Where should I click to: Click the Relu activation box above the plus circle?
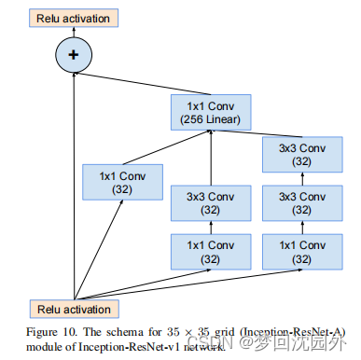[72, 18]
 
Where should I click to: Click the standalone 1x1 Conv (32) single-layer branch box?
[122, 180]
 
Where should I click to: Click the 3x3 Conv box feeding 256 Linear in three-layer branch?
[299, 155]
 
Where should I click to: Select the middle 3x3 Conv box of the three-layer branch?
[299, 205]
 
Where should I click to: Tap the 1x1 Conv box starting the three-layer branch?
[299, 252]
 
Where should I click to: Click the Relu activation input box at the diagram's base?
[72, 309]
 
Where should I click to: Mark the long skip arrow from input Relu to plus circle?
[72, 187]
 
